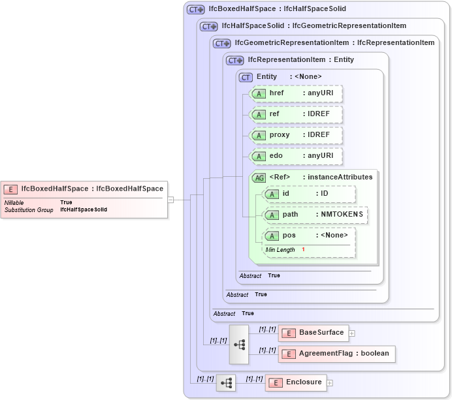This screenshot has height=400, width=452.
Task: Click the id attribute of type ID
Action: (309, 194)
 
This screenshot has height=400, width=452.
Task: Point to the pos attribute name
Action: (289, 236)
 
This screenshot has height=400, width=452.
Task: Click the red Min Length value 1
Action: (303, 250)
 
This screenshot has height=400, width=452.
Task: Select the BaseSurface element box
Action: (312, 333)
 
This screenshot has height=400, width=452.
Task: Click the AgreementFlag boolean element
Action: (336, 354)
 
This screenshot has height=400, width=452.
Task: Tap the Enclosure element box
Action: (296, 382)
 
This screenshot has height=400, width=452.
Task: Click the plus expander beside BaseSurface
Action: (352, 333)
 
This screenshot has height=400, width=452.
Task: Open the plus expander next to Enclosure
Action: (330, 383)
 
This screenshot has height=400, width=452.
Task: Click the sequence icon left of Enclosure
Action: (226, 383)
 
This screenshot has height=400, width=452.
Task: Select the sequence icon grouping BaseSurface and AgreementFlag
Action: (239, 344)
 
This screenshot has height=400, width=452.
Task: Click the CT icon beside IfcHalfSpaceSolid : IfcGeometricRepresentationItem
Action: (208, 26)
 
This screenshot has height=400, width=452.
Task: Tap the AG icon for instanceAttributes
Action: (259, 177)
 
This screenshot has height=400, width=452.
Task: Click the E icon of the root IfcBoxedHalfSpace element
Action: (10, 189)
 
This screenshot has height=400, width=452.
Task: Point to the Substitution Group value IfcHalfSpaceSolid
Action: (84, 210)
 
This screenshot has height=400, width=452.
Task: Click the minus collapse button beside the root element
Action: (170, 200)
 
